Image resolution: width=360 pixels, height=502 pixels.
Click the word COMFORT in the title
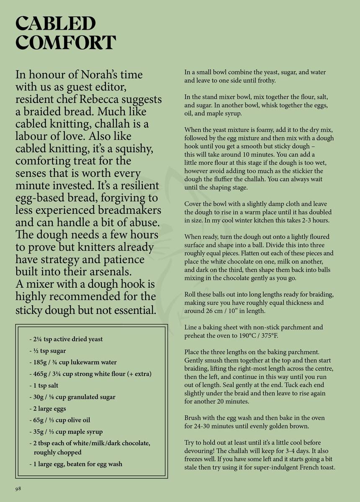[x=65, y=43]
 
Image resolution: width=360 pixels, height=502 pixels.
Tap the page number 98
[x=18, y=489]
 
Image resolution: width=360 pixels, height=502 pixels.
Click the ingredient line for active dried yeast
[x=66, y=339]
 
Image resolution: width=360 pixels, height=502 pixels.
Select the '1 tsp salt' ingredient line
[x=44, y=386]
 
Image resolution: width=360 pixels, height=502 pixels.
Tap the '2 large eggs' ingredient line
[x=47, y=409]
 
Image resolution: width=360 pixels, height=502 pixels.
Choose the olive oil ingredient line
[x=59, y=420]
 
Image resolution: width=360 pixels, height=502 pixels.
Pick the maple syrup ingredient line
[x=66, y=432]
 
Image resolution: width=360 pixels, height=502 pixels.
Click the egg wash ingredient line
[x=76, y=464]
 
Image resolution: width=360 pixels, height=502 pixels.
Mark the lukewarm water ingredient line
[x=73, y=362]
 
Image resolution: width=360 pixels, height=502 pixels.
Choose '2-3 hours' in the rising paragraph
[x=315, y=220]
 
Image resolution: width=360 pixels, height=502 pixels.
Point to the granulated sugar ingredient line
[x=72, y=397]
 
